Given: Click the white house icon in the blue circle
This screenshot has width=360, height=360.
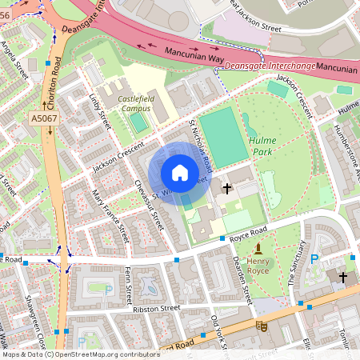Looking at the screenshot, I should coord(180,172).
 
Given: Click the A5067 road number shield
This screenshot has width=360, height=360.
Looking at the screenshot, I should coord(45,118).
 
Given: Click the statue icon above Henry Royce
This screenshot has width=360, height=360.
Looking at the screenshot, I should coord(258,250).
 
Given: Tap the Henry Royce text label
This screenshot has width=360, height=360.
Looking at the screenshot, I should coord(258,266).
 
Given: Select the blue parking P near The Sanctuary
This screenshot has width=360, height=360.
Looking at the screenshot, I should coord(314,258).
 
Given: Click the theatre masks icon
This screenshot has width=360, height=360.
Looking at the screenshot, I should coord(261,325).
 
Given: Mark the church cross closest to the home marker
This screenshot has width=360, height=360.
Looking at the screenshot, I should coord(227,189).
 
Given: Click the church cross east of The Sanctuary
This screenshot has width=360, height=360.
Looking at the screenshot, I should coord(343,277).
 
